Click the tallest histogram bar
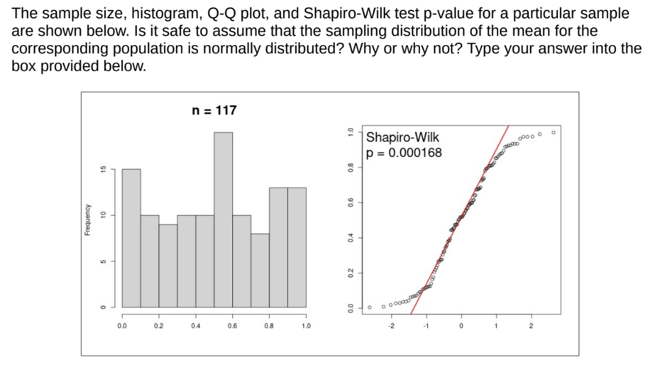(x=223, y=220)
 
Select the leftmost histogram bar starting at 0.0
(x=131, y=238)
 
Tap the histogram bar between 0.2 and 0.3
(x=168, y=266)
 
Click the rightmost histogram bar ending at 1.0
(x=296, y=247)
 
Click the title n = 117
(x=214, y=110)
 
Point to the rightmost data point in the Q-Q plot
(x=554, y=132)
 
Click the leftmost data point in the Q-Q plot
(x=370, y=307)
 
